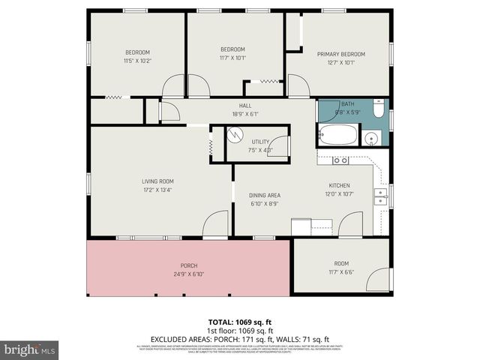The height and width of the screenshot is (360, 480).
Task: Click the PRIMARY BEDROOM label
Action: [340, 54]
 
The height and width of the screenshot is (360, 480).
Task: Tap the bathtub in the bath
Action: [336, 136]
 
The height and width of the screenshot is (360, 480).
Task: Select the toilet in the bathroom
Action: [378, 112]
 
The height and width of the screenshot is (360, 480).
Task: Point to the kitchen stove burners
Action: [340, 160]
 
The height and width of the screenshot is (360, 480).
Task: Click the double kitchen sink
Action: [381, 196]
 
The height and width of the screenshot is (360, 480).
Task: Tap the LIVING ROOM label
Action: [157, 181]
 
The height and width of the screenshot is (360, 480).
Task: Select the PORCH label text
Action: [188, 266]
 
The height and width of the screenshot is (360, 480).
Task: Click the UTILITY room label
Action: [260, 142]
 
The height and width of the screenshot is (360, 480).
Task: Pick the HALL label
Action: [245, 106]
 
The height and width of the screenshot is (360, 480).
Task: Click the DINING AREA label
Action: [265, 195]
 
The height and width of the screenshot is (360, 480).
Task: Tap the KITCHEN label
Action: [340, 185]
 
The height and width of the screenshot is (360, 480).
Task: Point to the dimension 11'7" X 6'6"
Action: [341, 271]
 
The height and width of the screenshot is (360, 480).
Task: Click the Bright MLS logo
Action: [30, 350]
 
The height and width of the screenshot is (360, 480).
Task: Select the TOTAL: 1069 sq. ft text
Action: [239, 321]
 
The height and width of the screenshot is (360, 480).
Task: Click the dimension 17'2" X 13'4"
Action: [157, 190]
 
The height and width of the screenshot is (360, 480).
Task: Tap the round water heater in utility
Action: [236, 136]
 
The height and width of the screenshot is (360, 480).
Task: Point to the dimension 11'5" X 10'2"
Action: [137, 60]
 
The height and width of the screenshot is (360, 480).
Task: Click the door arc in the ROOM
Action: [379, 280]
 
